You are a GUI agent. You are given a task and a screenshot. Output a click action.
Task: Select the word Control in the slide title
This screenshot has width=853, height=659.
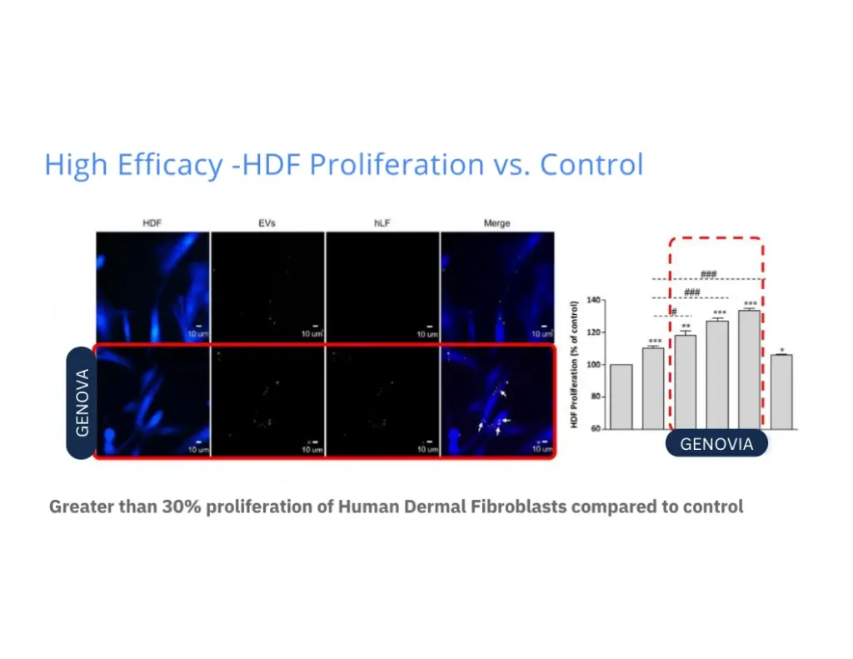coord(591,164)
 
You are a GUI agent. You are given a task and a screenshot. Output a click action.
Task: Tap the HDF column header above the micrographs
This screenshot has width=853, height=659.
coord(152,223)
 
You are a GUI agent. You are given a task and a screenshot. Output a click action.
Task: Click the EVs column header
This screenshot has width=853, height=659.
coord(267,223)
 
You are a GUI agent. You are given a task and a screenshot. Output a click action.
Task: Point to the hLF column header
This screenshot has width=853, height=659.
coord(382,223)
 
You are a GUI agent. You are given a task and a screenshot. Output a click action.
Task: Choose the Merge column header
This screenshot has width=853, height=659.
coord(496,223)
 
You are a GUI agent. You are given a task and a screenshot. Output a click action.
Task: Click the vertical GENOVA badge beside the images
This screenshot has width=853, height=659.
coord(82,402)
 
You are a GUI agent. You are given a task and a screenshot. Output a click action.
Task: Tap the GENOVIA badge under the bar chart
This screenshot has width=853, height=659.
coord(716,444)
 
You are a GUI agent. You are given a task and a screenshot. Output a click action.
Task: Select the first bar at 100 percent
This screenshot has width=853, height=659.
coord(621,397)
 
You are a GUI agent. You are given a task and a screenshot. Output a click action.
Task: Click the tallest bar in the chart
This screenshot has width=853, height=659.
coord(749,370)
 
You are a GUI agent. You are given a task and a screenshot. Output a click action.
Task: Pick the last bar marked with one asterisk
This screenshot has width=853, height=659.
coord(781,392)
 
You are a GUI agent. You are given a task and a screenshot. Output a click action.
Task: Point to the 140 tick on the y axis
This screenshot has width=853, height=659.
coord(594,300)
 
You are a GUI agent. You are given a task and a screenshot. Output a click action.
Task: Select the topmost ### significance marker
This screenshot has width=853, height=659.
coord(709,274)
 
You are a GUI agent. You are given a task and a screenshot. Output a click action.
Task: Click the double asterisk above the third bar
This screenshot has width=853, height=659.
coord(686,327)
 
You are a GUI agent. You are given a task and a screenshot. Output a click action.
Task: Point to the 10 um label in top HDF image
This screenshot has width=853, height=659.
coord(197,333)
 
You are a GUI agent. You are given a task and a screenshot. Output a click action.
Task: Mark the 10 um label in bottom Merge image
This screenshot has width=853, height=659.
coord(541,449)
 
